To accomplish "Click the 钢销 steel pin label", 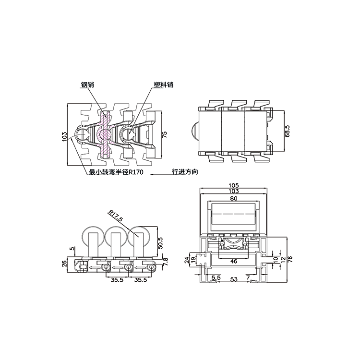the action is click(x=87, y=84).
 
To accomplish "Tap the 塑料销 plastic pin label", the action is click(x=164, y=84).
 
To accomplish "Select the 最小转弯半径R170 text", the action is click(x=116, y=172).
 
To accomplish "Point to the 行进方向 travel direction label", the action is click(x=185, y=172).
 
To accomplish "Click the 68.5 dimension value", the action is click(x=287, y=131).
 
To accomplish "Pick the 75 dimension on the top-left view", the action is click(x=165, y=134).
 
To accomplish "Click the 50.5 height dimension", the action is click(x=160, y=243).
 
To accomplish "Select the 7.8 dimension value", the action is click(x=165, y=262).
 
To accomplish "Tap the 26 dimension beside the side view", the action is click(x=64, y=263).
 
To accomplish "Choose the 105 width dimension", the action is click(x=234, y=185).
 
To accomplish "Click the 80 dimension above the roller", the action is click(x=233, y=198).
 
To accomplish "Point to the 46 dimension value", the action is click(x=234, y=261).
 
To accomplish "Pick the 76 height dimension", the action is click(x=290, y=259).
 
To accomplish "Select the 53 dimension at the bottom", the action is click(x=234, y=279).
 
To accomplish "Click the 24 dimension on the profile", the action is click(x=187, y=260).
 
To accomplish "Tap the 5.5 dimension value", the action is click(x=216, y=277).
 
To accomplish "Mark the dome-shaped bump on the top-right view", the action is click(x=195, y=132).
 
